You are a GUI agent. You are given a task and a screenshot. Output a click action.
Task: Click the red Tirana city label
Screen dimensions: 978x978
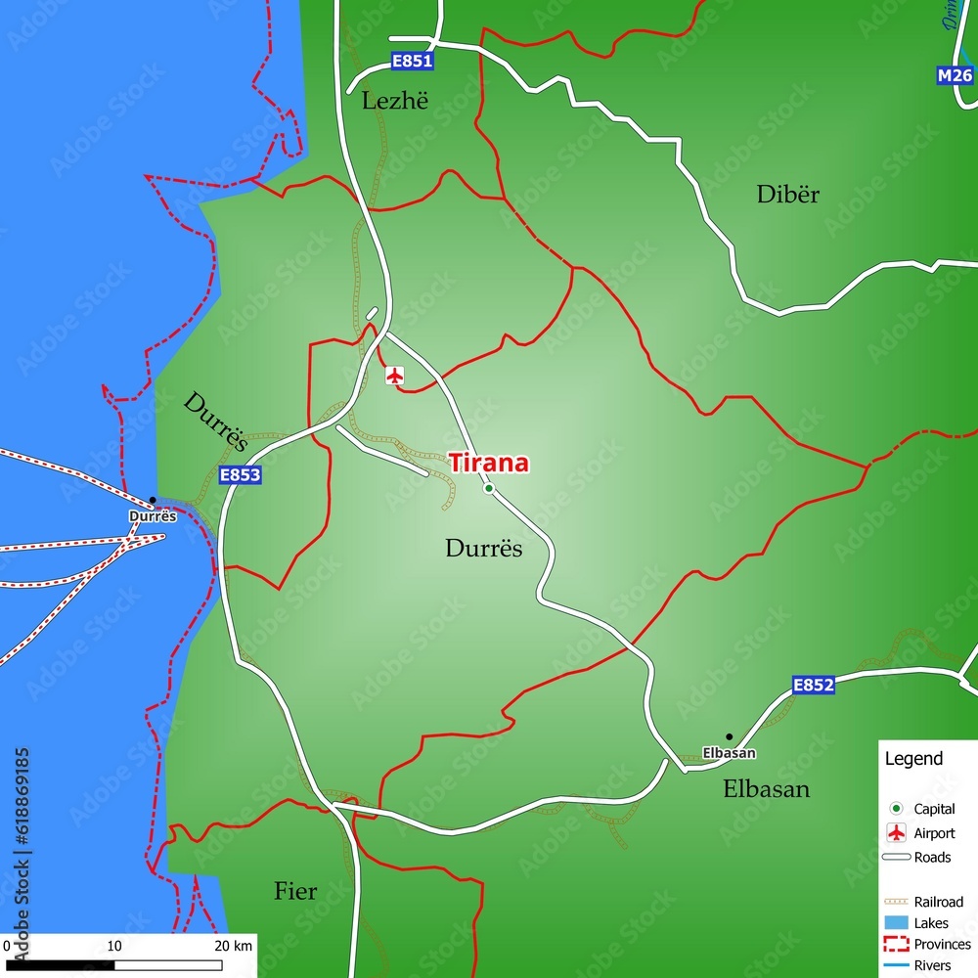click(488, 463)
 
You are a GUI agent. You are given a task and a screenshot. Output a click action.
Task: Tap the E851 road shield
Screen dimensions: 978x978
click(412, 62)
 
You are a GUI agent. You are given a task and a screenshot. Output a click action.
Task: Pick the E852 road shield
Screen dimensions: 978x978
click(813, 686)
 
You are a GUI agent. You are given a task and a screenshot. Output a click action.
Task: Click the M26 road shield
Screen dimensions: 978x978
click(955, 75)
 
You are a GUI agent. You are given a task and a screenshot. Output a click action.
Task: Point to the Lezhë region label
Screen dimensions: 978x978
click(395, 101)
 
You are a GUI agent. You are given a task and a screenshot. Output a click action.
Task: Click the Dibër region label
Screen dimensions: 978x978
click(787, 195)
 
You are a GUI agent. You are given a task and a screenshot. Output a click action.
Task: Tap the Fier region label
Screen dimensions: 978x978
click(294, 892)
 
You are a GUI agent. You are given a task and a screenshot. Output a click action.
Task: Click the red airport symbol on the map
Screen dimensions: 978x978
click(395, 375)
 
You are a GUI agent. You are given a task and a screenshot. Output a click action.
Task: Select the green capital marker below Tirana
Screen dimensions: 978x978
click(489, 488)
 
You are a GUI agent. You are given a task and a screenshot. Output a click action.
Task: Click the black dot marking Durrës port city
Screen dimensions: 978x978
click(152, 501)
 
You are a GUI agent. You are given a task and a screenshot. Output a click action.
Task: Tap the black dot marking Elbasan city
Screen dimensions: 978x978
click(729, 736)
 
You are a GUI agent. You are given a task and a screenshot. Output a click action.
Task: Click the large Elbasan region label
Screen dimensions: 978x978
click(766, 789)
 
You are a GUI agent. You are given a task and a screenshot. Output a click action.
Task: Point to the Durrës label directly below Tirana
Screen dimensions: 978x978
click(483, 549)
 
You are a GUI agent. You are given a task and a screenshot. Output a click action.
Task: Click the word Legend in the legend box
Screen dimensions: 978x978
click(913, 759)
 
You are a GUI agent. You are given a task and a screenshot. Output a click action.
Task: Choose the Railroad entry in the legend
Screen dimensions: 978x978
click(938, 902)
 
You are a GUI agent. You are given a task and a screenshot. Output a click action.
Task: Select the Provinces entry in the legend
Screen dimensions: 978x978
click(942, 945)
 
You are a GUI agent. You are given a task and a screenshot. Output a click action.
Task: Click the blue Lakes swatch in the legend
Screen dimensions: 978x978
click(896, 923)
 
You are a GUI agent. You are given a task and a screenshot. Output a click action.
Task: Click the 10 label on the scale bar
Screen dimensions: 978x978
click(114, 946)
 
